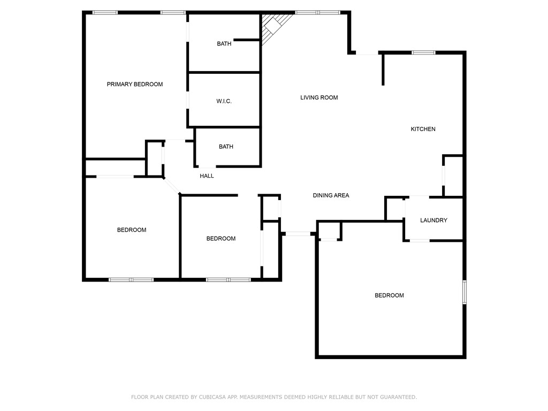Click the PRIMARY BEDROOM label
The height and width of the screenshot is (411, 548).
[134, 85]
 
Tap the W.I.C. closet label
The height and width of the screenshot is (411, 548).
[224, 101]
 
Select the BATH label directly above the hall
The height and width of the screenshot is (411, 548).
[226, 147]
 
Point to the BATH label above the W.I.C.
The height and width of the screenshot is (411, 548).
[224, 44]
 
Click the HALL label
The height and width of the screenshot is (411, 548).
[207, 176]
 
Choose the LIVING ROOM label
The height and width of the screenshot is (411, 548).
[319, 98]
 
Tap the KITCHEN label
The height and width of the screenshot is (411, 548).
[423, 129]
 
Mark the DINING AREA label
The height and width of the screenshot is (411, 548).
[331, 196]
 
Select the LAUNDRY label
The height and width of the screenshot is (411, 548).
[433, 220]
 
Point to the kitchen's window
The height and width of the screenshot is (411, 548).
[423, 52]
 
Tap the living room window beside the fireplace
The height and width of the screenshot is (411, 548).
[317, 12]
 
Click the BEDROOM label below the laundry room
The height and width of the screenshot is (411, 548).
[389, 295]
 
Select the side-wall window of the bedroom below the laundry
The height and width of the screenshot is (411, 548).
[465, 293]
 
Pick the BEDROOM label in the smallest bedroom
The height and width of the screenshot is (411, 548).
[220, 239]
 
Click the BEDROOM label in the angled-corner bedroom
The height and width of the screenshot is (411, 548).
[132, 230]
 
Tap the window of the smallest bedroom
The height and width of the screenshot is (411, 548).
[228, 279]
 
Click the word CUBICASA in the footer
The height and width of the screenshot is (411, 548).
[212, 397]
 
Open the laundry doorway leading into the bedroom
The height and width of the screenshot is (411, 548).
[420, 241]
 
